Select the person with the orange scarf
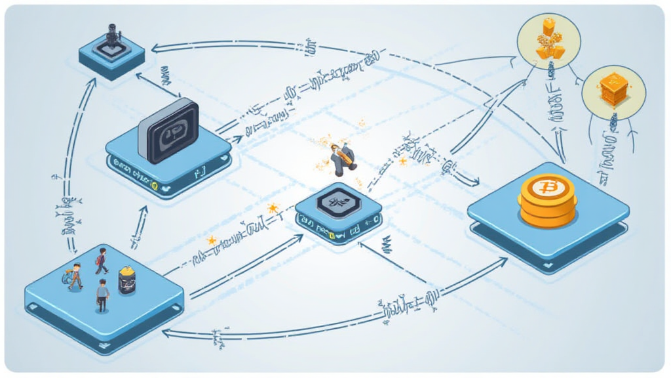click(75, 276)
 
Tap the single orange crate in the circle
click(613, 90)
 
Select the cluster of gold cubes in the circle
click(547, 41)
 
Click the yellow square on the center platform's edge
click(332, 234)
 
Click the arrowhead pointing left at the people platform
click(166, 333)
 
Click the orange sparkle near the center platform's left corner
click(271, 208)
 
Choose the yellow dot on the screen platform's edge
click(155, 187)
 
